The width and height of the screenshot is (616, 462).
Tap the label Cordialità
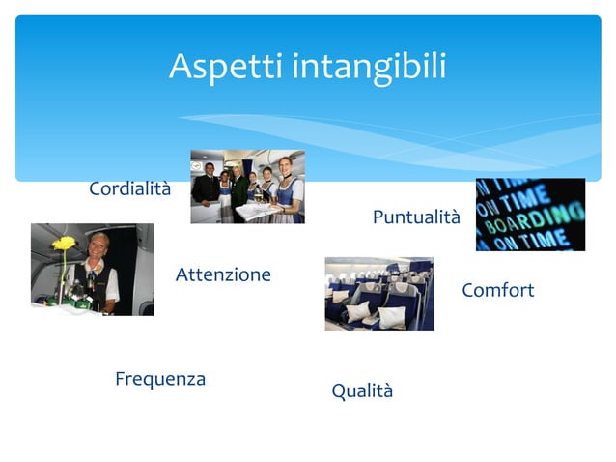[129, 188]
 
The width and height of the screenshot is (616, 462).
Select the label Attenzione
[223, 275]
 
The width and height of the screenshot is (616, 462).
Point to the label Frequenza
[160, 379]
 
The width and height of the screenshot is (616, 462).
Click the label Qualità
[362, 391]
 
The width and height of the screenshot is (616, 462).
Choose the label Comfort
[497, 291]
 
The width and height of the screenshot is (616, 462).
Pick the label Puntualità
[416, 218]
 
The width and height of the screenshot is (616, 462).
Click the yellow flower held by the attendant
[64, 243]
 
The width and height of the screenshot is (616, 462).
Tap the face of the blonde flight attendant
[98, 247]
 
